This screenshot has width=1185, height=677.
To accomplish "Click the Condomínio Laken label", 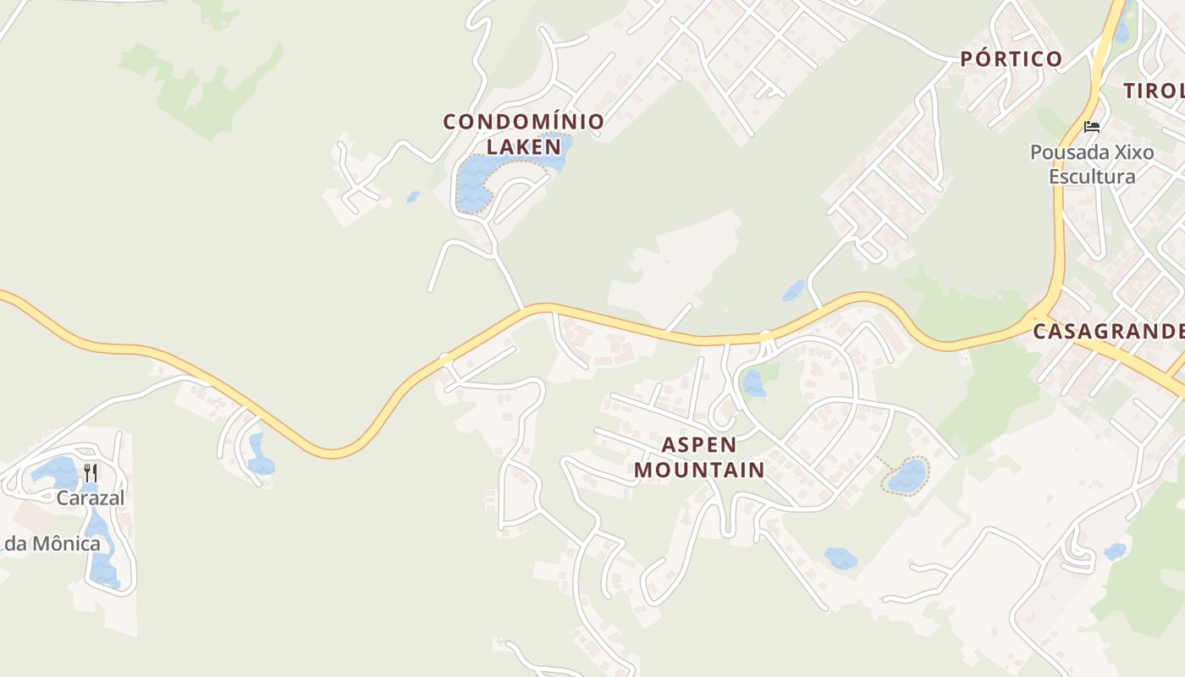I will (524, 133).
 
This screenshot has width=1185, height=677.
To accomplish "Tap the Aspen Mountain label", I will (699, 457).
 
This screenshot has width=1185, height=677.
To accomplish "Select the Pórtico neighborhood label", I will (1011, 58).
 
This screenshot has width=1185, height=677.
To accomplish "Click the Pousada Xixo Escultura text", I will (1092, 164).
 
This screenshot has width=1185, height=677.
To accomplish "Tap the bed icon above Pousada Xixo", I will (1092, 127).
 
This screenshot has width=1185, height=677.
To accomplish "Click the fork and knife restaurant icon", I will (91, 472).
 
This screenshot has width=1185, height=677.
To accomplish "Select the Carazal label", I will (91, 498).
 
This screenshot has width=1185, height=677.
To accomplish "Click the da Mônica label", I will (52, 543).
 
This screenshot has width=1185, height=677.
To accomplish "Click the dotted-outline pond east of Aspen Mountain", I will (907, 476).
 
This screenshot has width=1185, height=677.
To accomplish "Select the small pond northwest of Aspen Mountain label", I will (752, 384).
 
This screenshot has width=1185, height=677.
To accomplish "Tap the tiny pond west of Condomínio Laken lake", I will (413, 197).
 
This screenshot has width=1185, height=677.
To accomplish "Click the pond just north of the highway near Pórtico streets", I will (793, 291).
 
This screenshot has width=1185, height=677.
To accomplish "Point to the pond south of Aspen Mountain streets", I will (841, 558).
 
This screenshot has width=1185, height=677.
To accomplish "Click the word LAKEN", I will (524, 146).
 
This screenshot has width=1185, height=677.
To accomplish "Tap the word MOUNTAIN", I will (699, 470).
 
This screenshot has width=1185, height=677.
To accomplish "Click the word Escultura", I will (1092, 176).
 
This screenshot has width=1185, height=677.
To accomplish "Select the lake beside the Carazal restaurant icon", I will (56, 471).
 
